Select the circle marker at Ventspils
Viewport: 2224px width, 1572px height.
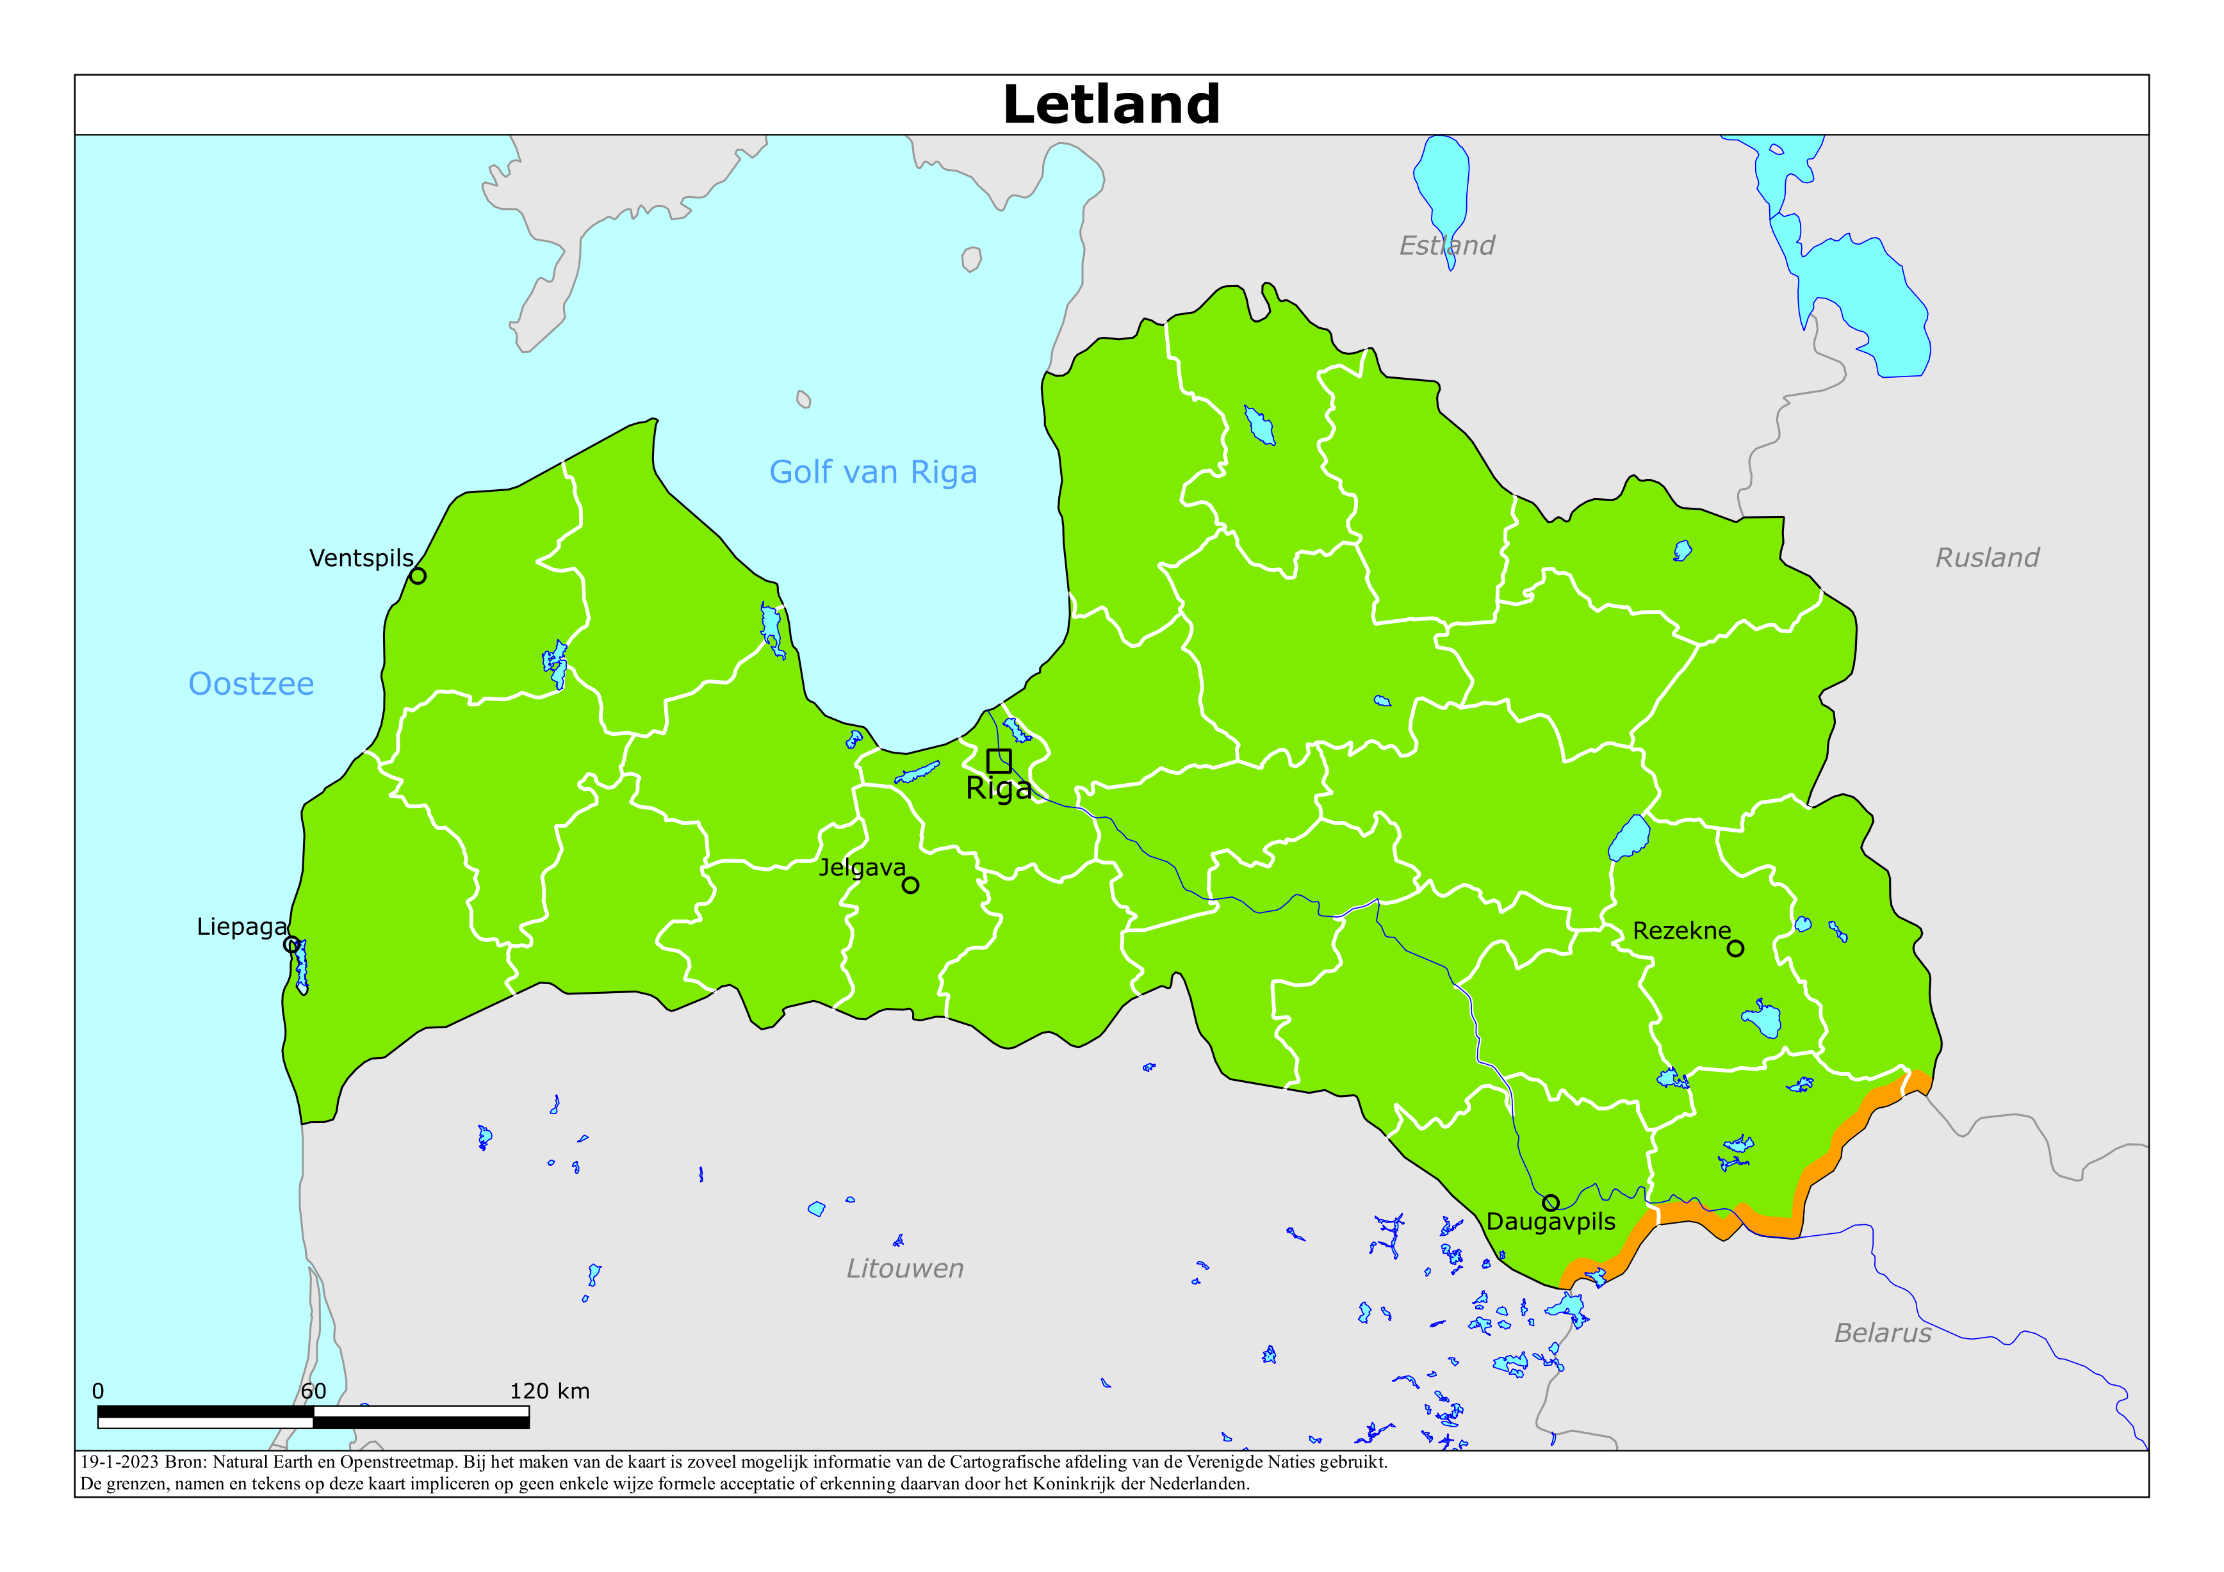[418, 576]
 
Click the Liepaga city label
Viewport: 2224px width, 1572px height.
[241, 927]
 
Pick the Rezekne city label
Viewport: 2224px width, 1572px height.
[1681, 931]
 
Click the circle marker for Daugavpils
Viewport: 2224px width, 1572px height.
[1551, 1203]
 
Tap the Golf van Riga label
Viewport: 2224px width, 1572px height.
[872, 473]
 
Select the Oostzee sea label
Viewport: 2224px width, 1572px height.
[251, 684]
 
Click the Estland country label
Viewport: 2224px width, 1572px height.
[1446, 246]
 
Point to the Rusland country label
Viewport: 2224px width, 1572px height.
[1987, 558]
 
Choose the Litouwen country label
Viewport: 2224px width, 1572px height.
[904, 1269]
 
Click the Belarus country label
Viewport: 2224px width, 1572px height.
[1882, 1334]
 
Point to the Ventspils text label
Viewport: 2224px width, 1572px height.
[361, 559]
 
